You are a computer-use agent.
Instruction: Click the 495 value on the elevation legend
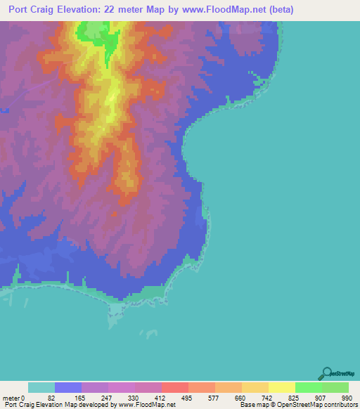coord(186,397)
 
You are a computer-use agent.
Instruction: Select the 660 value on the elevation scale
coord(239,397)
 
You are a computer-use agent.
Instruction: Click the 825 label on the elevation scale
coord(292,397)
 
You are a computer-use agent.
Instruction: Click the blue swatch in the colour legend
coord(68,387)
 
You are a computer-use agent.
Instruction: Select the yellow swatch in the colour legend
coord(282,387)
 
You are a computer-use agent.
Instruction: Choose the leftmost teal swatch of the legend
coord(41,387)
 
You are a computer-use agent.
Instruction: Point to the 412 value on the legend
coord(160,397)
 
